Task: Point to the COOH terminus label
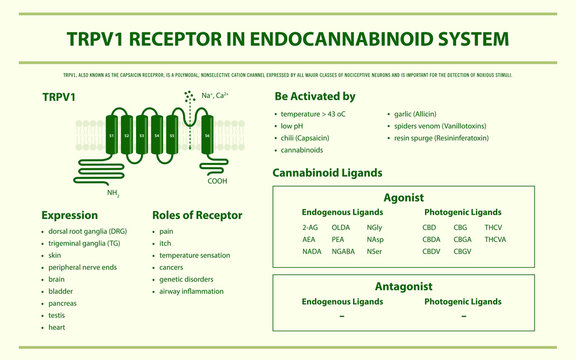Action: point(217,181)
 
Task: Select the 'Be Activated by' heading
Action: point(314,96)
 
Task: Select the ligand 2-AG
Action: point(310,227)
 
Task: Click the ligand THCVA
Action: point(496,239)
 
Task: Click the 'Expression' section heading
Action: point(70,215)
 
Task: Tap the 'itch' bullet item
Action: point(166,243)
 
